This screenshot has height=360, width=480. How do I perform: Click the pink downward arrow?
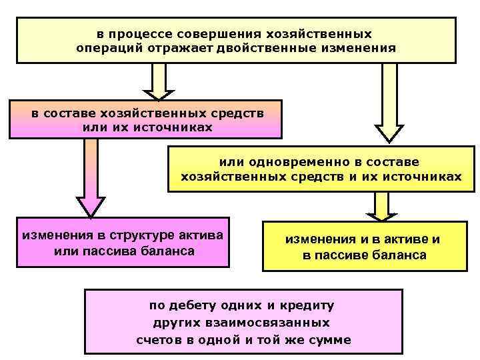coord(91,177)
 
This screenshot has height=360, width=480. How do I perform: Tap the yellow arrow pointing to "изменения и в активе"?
coord(381,206)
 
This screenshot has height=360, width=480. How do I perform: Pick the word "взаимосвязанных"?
coord(277,323)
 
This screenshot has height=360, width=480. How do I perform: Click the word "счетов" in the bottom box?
coord(158,339)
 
